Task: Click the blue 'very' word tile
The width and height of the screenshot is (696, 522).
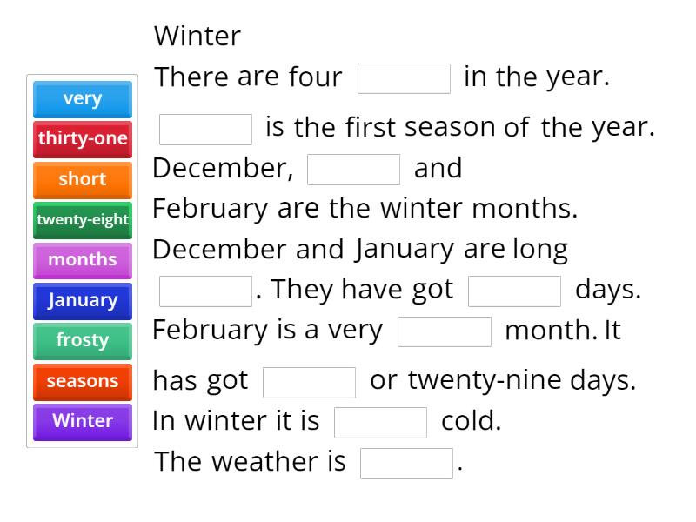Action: (83, 99)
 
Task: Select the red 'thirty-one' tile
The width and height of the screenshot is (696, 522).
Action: (83, 139)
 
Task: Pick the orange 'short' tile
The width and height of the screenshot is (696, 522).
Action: (83, 179)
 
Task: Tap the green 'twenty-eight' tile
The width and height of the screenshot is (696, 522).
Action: (83, 220)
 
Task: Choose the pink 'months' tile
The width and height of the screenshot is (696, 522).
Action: (83, 260)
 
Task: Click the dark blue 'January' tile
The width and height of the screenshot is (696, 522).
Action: (83, 300)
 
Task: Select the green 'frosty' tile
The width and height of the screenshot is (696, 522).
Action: (83, 340)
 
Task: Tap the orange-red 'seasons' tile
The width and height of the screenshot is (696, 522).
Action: (83, 381)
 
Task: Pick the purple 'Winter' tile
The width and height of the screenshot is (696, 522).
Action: (83, 421)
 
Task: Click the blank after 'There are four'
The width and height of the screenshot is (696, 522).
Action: (404, 78)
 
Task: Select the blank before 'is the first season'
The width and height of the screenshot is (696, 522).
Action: (205, 129)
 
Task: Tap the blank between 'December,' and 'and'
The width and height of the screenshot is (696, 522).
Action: (353, 170)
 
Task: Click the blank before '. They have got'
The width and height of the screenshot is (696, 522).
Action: (205, 291)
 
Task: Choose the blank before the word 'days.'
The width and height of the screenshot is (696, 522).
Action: (514, 291)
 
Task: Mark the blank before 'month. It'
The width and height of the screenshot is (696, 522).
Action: (444, 331)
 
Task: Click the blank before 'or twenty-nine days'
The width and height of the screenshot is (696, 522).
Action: (309, 382)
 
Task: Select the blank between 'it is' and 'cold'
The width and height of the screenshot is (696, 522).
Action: (380, 422)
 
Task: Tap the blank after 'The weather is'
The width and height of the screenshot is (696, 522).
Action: (406, 463)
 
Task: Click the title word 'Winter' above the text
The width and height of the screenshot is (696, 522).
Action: (197, 37)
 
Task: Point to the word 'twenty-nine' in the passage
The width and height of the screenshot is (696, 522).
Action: (476, 381)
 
